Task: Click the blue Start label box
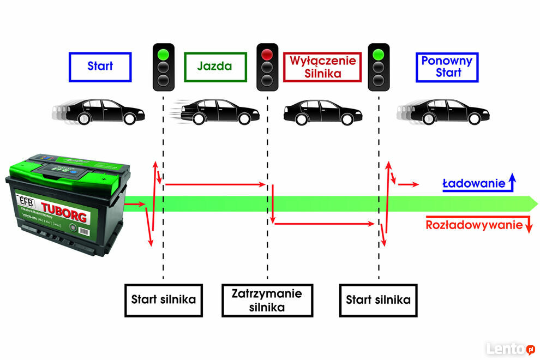point(100,67)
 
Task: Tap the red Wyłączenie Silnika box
point(323,67)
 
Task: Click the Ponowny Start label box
point(447,67)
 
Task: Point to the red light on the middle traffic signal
point(267,54)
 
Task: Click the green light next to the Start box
point(163,54)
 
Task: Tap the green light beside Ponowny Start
point(379,54)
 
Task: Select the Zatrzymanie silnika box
point(267,300)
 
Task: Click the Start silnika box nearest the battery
point(163,300)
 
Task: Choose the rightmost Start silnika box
point(378,300)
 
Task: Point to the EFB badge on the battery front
point(25,200)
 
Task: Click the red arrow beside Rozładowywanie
point(527,224)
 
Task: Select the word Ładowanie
point(473,184)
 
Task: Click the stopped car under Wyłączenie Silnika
point(322,113)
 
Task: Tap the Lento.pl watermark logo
point(511,349)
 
